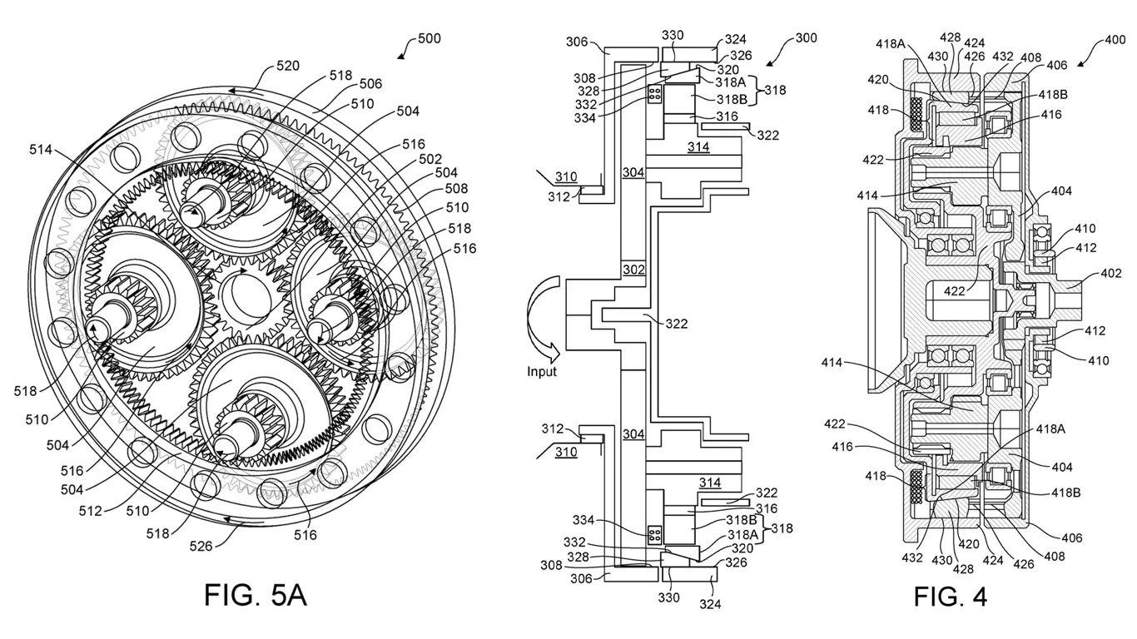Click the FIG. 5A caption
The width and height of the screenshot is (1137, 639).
click(256, 595)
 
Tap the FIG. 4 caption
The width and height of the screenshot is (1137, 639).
click(950, 596)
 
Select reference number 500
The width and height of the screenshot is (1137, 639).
click(429, 38)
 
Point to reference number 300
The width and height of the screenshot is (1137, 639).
click(805, 38)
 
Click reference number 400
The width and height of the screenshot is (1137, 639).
click(1113, 41)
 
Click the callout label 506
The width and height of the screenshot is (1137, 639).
click(370, 84)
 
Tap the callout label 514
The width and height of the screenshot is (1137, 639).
click(41, 150)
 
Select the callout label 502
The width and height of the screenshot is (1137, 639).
click(430, 158)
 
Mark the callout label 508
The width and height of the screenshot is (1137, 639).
click(457, 189)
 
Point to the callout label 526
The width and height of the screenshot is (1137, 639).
click(201, 546)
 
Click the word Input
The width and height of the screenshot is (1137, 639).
click(541, 372)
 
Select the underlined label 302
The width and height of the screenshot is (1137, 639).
click(634, 270)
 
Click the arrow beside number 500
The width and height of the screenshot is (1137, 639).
click(405, 52)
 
